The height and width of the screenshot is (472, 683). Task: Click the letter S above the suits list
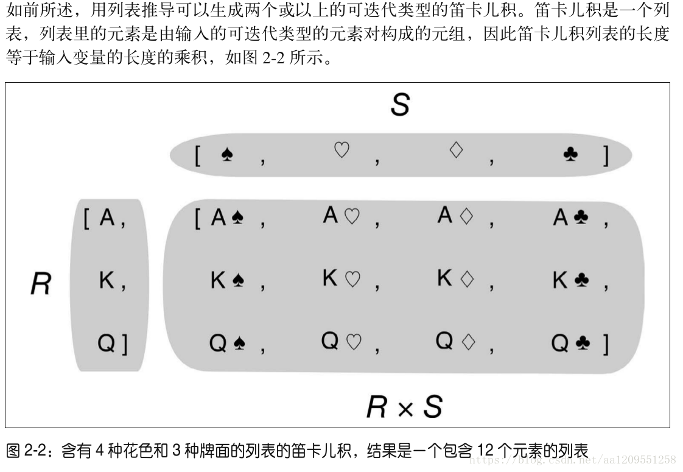400,105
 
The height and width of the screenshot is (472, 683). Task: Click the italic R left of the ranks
40,284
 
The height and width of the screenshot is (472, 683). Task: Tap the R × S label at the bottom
404,406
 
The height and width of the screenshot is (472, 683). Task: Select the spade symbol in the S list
227,155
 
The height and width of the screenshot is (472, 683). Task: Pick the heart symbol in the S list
341,150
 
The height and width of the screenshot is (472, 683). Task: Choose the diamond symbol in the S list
456,150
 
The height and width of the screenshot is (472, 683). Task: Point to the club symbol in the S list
570,155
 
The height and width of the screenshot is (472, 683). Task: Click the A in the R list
107,217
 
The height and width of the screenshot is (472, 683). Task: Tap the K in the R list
107,281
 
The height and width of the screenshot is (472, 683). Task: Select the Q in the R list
107,344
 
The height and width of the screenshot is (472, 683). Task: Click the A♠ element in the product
227,218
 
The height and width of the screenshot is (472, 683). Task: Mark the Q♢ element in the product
455,342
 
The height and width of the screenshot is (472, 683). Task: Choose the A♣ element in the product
570,217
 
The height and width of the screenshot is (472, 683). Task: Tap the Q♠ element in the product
227,344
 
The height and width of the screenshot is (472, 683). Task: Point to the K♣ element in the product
570,281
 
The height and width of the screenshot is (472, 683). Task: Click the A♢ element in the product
455,216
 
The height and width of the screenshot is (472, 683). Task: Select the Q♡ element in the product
341,342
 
